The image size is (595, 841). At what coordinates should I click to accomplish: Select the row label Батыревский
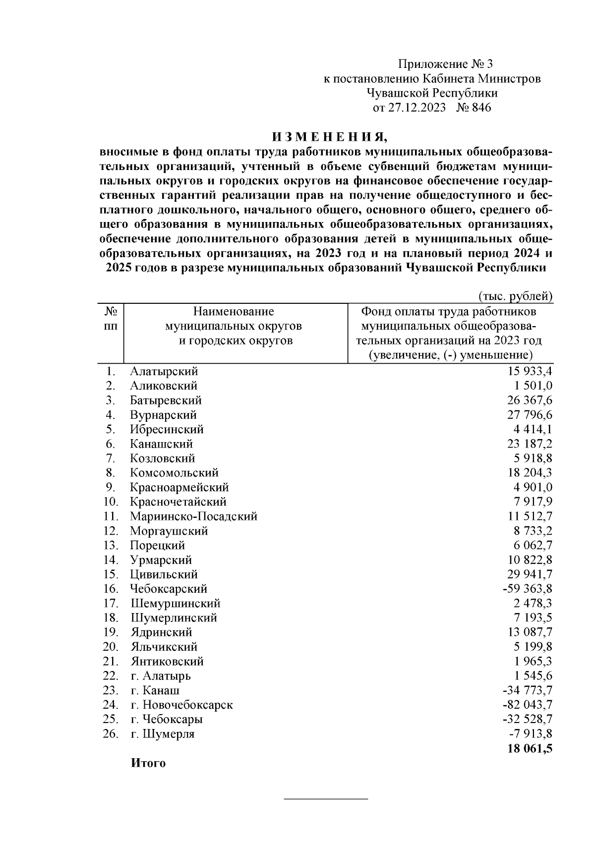[166, 400]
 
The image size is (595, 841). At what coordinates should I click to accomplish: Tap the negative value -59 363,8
[527, 589]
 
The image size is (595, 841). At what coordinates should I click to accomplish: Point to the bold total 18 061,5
[530, 748]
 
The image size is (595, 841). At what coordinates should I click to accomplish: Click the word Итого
[148, 763]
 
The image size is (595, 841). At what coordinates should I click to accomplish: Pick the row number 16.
[111, 589]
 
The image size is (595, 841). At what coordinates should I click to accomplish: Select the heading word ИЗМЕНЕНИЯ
[328, 136]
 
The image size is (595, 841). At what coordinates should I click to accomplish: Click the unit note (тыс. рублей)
[515, 296]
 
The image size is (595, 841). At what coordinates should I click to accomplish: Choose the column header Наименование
[234, 312]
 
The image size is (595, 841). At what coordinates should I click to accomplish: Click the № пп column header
[111, 319]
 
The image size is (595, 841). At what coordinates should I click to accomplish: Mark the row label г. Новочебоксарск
[181, 705]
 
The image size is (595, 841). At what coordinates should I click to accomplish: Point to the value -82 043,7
[527, 705]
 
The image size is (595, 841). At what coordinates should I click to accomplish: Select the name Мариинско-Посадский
[193, 516]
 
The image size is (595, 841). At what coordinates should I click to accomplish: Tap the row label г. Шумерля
[162, 734]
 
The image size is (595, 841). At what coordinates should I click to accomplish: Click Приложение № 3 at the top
[446, 64]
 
